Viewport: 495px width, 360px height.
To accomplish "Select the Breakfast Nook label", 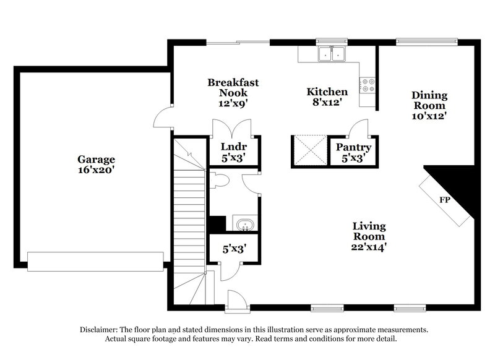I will pyautogui.click(x=233, y=87).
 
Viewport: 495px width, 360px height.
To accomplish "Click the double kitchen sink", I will pyautogui.click(x=332, y=54).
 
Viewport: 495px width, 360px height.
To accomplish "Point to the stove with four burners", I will pyautogui.click(x=368, y=85).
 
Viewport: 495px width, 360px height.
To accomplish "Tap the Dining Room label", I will pyautogui.click(x=429, y=100).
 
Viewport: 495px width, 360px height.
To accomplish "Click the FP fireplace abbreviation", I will pyautogui.click(x=444, y=200).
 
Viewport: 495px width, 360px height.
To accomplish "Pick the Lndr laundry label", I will pyautogui.click(x=234, y=147).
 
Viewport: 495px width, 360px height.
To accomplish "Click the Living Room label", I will pyautogui.click(x=369, y=231).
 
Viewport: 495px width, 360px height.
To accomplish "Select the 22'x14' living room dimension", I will pyautogui.click(x=369, y=247).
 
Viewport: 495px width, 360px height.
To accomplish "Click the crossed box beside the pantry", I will pyautogui.click(x=308, y=150).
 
